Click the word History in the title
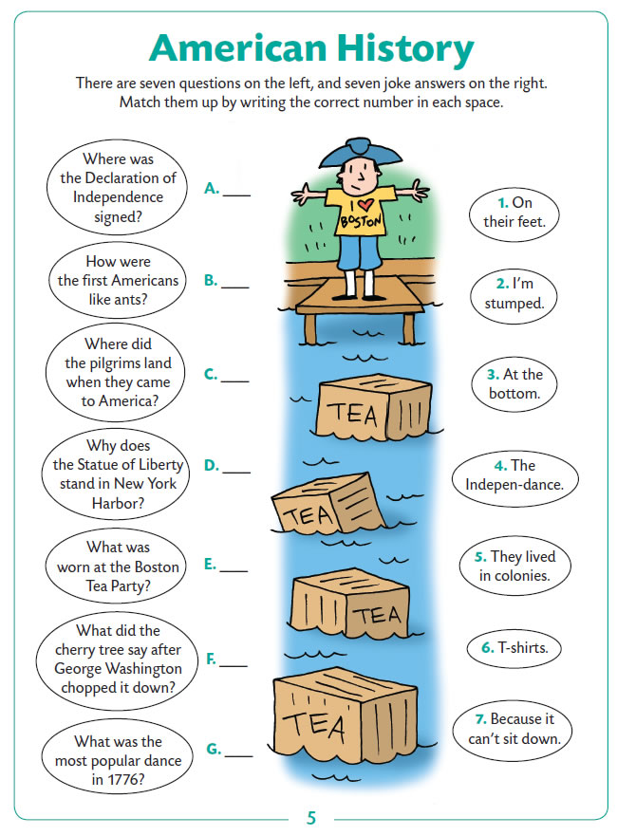tap(404, 49)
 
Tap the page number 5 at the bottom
tap(311, 818)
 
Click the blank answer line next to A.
tap(236, 195)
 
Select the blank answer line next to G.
tap(239, 756)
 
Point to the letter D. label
tap(211, 466)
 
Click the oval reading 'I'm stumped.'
tap(514, 296)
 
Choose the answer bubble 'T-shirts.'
tap(514, 649)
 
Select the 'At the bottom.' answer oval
tap(514, 384)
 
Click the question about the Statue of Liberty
tap(116, 474)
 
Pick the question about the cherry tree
tap(117, 660)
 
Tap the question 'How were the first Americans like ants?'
tap(118, 281)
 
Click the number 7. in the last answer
tap(480, 719)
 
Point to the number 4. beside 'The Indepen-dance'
tap(500, 466)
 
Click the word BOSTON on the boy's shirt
tap(362, 220)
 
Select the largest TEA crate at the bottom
tap(344, 712)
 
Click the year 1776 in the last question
tap(124, 779)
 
